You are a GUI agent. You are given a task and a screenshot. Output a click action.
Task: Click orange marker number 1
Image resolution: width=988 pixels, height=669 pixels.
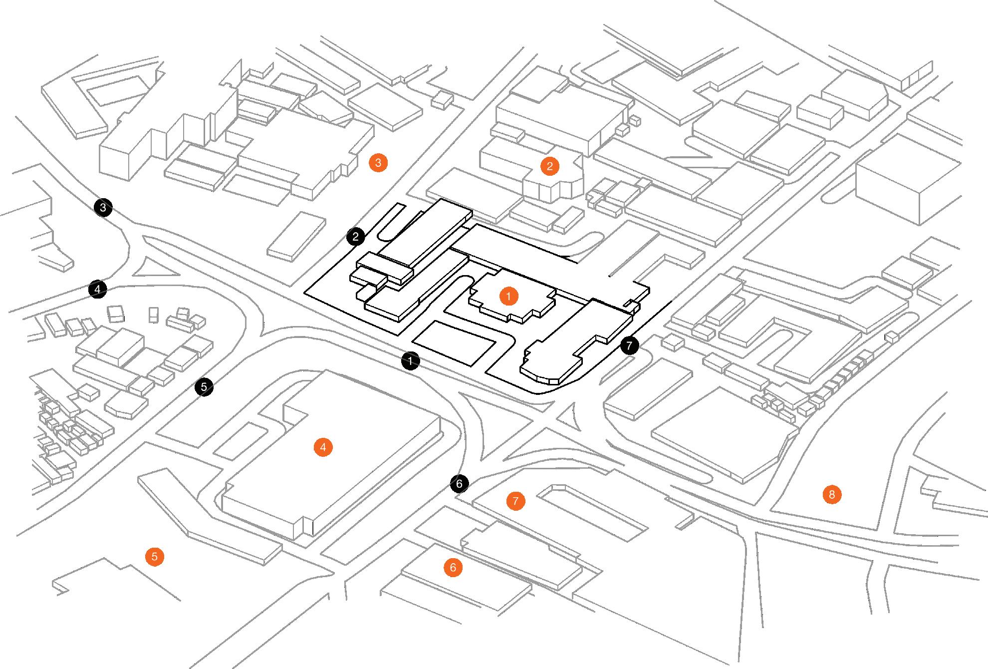click(508, 297)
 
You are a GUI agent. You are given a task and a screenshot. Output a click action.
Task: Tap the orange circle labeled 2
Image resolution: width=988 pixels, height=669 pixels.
click(549, 166)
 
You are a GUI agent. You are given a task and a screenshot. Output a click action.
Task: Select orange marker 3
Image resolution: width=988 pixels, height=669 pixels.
click(378, 163)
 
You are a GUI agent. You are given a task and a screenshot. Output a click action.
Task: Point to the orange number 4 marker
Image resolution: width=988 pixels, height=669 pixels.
click(323, 447)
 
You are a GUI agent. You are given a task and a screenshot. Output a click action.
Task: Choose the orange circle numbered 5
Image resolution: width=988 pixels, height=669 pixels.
click(154, 556)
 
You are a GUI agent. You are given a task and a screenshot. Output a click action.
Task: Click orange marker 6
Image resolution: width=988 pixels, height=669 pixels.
click(453, 568)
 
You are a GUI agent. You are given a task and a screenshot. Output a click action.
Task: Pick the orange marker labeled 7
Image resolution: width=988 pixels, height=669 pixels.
click(515, 501)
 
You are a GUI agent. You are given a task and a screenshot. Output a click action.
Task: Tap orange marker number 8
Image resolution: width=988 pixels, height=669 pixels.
click(831, 495)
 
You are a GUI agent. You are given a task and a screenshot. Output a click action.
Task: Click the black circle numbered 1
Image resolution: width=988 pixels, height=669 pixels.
click(410, 360)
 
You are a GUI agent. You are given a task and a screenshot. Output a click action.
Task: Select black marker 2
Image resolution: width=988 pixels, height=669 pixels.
click(356, 237)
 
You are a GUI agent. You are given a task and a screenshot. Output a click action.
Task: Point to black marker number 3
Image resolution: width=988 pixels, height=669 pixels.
click(103, 207)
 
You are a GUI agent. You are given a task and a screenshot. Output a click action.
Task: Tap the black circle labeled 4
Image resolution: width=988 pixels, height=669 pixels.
click(97, 289)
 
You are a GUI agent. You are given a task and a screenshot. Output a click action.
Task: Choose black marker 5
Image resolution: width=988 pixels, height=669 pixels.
click(204, 386)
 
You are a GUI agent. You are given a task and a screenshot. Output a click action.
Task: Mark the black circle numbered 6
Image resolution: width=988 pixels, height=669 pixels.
click(459, 483)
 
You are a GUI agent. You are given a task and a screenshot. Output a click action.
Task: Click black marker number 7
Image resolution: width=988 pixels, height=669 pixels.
click(629, 345)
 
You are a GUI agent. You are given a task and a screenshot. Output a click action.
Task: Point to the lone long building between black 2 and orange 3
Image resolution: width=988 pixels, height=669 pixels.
click(297, 236)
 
